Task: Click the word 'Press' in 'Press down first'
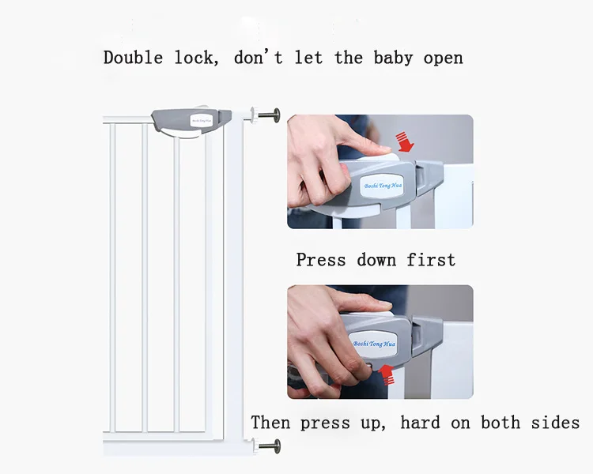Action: click(x=321, y=260)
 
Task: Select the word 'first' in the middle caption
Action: click(x=431, y=260)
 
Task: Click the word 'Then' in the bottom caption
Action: click(x=270, y=423)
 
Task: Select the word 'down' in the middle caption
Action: click(x=377, y=260)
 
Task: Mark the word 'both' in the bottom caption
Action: click(x=495, y=423)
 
